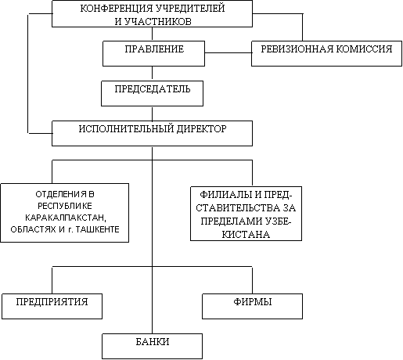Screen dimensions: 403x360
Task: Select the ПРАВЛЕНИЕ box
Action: (153, 53)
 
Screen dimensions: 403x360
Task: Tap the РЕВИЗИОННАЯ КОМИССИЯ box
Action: (326, 53)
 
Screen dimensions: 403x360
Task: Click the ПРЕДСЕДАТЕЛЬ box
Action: (152, 93)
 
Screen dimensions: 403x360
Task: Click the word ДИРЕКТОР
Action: (202, 128)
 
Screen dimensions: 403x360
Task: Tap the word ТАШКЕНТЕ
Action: (97, 229)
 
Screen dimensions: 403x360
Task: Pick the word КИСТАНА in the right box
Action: (246, 234)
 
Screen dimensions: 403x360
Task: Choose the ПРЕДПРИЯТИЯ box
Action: (52, 306)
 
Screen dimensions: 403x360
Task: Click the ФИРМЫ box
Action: (252, 306)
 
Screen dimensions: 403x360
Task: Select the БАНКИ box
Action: (152, 346)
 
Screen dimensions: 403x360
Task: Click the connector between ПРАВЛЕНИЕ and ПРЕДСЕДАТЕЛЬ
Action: (152, 74)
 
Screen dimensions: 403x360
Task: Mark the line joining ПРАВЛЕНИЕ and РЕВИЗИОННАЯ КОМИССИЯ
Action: (228, 53)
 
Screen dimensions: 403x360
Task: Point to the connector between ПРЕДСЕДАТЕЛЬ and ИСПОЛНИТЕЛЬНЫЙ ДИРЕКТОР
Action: (152, 113)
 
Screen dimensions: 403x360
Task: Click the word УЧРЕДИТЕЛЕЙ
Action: (190, 9)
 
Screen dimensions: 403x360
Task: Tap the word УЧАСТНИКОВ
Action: (158, 21)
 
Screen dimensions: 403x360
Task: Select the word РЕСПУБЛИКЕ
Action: (65, 206)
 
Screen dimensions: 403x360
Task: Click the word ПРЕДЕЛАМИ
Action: (231, 221)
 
